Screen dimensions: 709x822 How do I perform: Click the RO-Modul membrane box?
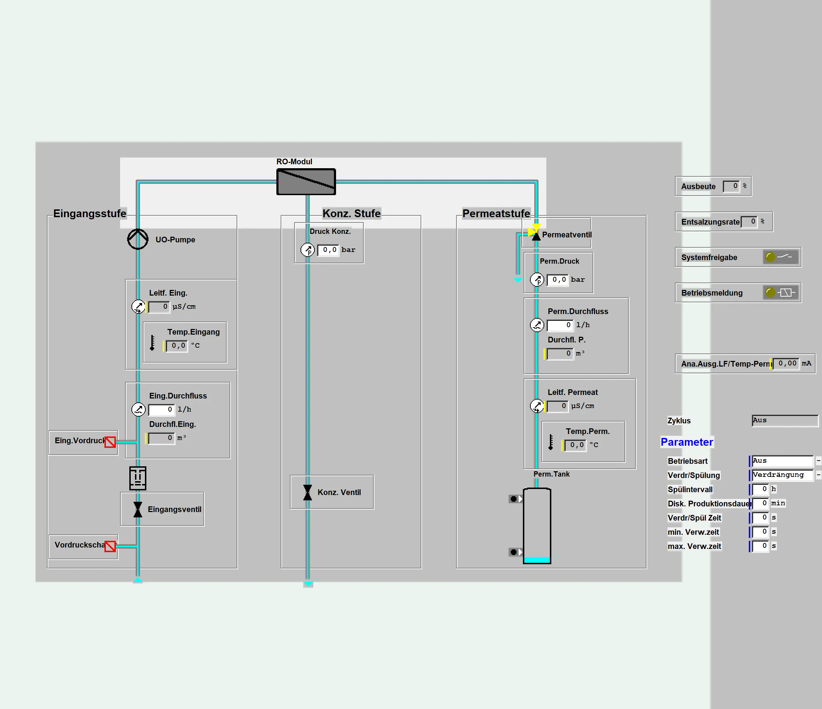point(306,182)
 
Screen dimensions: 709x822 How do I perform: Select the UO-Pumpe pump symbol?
point(138,239)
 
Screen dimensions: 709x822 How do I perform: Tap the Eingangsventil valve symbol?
point(138,509)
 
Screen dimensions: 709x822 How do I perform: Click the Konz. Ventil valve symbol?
point(308,492)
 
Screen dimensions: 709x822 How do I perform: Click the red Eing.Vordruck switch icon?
point(110,442)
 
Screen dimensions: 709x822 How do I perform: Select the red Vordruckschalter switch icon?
point(110,546)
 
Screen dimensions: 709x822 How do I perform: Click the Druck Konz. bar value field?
point(329,250)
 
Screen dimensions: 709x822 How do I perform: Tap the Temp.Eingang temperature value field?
point(177,346)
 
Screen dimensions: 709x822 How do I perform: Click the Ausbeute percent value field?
point(731,186)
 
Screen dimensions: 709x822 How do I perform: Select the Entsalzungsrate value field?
point(750,221)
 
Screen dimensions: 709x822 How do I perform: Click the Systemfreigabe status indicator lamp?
point(770,257)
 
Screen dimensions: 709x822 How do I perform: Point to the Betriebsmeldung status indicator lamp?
point(770,292)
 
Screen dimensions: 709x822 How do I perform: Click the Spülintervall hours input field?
point(760,489)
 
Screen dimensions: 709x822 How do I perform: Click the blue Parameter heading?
point(687,442)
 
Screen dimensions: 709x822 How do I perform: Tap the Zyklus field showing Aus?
point(785,421)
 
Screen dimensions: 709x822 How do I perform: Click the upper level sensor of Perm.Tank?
point(515,499)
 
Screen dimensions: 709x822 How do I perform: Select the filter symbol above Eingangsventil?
point(138,478)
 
